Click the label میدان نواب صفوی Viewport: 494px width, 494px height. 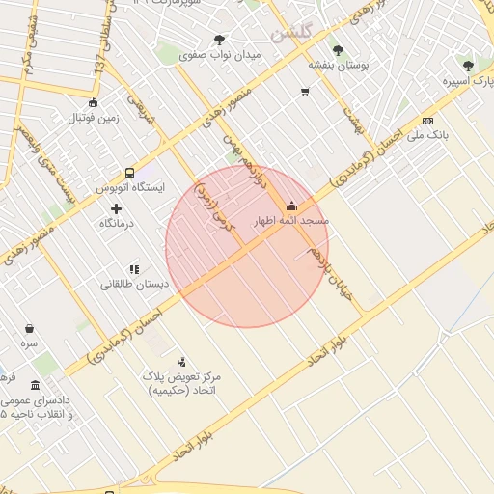[220, 55]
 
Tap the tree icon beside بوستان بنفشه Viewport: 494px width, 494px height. [338, 50]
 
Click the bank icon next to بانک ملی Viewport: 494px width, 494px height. [427, 121]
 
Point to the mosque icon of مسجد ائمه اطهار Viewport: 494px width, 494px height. [291, 206]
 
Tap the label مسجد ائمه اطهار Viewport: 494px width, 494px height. [290, 221]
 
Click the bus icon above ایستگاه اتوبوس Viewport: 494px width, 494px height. [130, 173]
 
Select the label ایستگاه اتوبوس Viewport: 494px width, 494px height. [130, 187]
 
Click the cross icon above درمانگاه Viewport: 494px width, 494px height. [117, 208]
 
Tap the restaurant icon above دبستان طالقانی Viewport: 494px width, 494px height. [134, 269]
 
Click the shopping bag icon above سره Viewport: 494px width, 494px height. [30, 328]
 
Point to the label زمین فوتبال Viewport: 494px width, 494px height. [93, 118]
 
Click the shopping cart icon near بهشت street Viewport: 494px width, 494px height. [305, 93]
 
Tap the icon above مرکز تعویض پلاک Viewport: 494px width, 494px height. [181, 361]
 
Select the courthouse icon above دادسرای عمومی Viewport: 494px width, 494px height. [36, 385]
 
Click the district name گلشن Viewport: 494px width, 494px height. [292, 32]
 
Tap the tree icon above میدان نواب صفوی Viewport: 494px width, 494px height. [220, 40]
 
